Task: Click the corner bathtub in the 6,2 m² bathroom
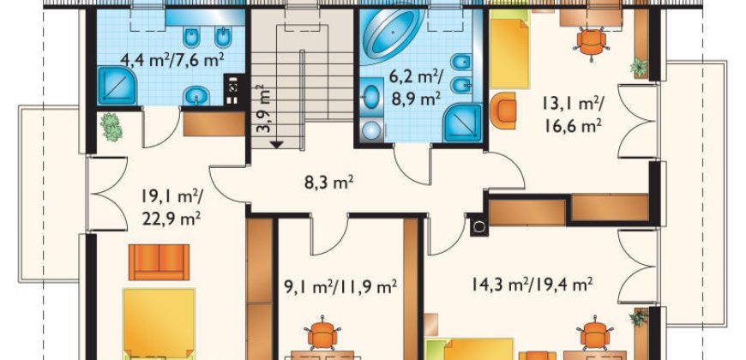[393, 36]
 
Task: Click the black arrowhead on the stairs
[277, 144]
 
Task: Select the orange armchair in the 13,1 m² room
[503, 111]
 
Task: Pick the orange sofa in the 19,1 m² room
[159, 262]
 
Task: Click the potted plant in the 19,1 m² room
[111, 127]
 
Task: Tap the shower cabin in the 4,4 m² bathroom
[117, 86]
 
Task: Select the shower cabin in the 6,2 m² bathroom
[463, 123]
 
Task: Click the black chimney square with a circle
[479, 227]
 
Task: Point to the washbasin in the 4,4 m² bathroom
[196, 96]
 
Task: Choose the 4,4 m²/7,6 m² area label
[172, 60]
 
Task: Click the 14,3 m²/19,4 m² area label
[532, 285]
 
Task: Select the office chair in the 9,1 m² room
[322, 333]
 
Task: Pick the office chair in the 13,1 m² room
[592, 44]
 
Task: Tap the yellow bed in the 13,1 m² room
[509, 49]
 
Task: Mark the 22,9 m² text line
[171, 219]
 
